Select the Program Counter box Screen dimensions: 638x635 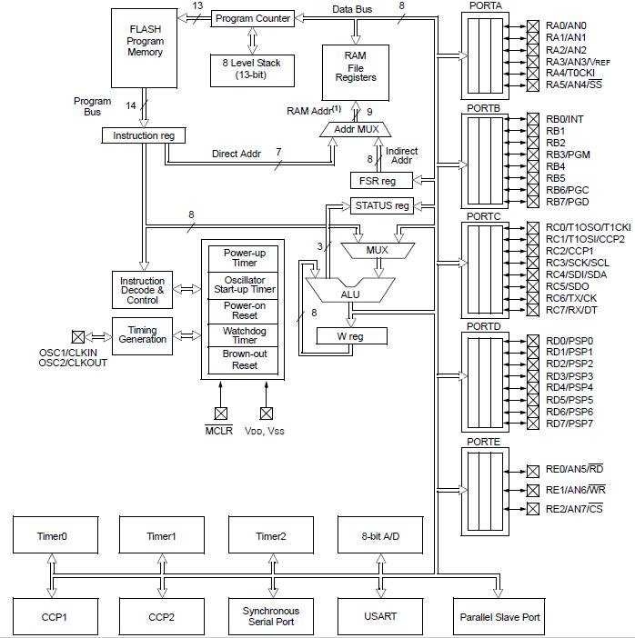pos(253,18)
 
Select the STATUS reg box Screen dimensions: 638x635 pos(382,206)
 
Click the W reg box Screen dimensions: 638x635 pos(351,336)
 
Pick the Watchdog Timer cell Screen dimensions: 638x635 pos(245,335)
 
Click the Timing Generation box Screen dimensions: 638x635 pos(142,334)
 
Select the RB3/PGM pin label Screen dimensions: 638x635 pos(569,155)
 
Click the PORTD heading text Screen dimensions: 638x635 pos(485,325)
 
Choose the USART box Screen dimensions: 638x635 pos(380,617)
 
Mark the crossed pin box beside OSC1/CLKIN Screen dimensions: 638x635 pos(78,336)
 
